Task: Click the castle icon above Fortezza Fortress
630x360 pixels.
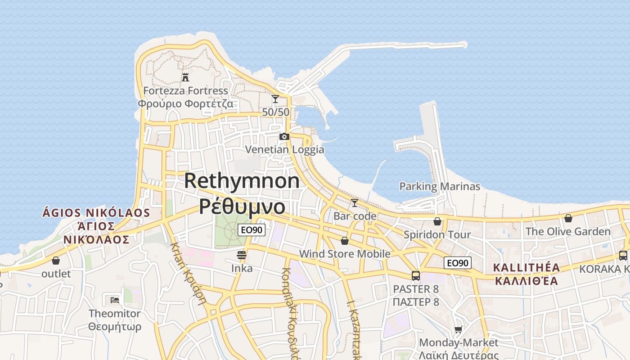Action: (x=185, y=77)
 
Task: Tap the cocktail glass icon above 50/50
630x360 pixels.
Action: (x=275, y=99)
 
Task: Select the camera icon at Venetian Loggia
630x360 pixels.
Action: (x=284, y=136)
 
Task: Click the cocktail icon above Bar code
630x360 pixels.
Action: (x=355, y=203)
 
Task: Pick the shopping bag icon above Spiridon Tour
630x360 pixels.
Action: (x=437, y=221)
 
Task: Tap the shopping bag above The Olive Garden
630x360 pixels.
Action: (x=568, y=218)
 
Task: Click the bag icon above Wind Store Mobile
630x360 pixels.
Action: (x=345, y=241)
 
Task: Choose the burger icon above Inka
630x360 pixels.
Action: (x=242, y=255)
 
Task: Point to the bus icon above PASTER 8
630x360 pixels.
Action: (x=415, y=275)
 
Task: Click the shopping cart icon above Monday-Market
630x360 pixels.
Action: (x=458, y=330)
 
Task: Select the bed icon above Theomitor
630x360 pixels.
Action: (x=115, y=300)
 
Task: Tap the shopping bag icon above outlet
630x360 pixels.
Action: (x=56, y=261)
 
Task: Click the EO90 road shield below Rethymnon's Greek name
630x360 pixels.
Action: (x=252, y=230)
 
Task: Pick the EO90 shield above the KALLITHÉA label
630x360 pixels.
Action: (x=458, y=263)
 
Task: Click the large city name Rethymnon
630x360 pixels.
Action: (x=242, y=181)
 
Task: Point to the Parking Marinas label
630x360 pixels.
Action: (x=440, y=186)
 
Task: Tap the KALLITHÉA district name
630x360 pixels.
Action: (x=526, y=268)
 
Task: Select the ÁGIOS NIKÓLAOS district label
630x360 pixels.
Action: (x=96, y=212)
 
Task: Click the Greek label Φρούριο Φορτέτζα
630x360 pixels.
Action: (x=185, y=104)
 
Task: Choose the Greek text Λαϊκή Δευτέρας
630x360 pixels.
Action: (x=459, y=355)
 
